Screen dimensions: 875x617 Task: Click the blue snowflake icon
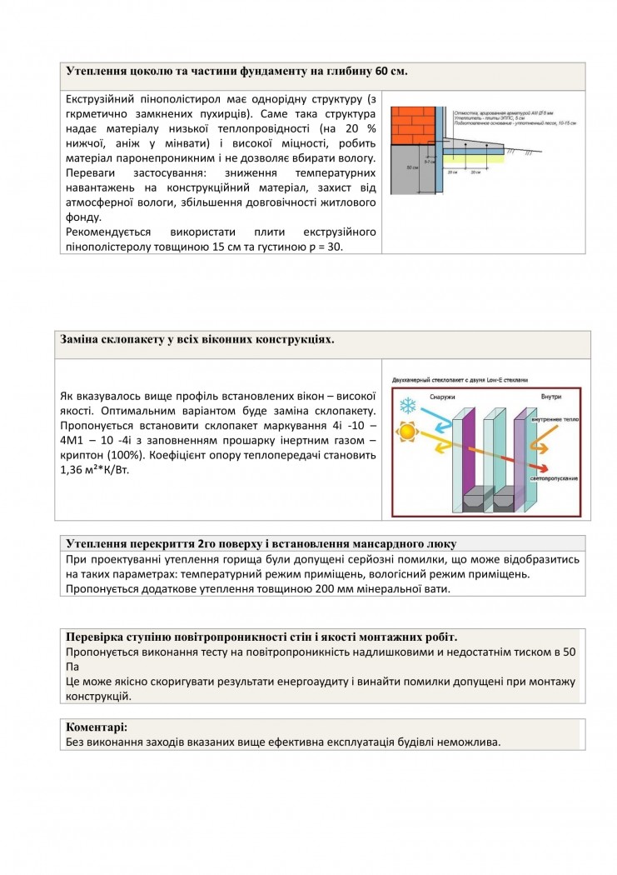coord(408,406)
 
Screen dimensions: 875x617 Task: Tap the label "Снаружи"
coord(442,396)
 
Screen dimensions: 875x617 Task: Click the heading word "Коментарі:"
coord(97,727)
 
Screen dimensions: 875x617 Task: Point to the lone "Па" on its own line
coord(72,667)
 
